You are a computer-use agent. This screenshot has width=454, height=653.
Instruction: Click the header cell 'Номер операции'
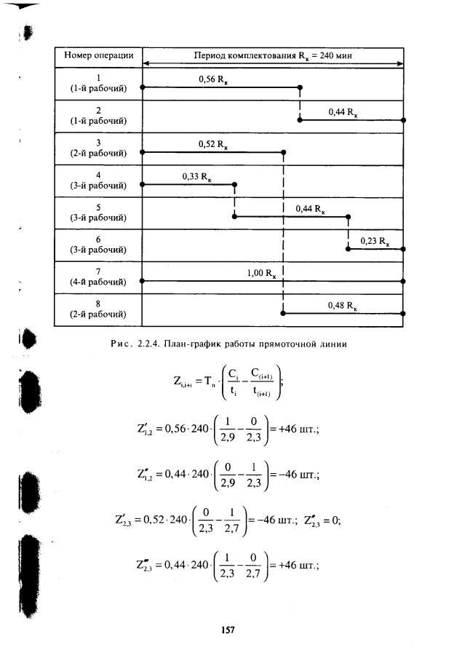coord(98,55)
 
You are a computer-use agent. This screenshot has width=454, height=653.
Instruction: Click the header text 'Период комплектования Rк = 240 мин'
coord(274,55)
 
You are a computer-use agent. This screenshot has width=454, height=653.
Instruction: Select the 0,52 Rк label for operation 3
coord(212,144)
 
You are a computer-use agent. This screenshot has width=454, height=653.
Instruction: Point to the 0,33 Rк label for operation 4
coord(196,176)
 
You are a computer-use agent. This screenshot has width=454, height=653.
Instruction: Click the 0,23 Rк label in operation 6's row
coord(375,241)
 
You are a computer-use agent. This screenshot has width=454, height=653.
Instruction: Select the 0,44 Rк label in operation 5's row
coord(310,209)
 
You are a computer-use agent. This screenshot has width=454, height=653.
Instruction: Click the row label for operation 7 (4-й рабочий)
coord(98,277)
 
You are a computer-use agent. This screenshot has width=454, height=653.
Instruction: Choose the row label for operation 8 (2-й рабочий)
coord(98,309)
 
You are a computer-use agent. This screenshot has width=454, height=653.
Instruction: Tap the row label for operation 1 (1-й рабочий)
coord(98,83)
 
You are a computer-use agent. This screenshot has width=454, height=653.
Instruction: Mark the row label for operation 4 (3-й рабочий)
coord(98,180)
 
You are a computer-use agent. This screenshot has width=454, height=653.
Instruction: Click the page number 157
coord(227,630)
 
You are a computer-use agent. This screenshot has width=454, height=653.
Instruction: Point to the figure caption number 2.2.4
coord(148,344)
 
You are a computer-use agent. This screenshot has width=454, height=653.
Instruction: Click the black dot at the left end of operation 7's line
coord(143,280)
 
